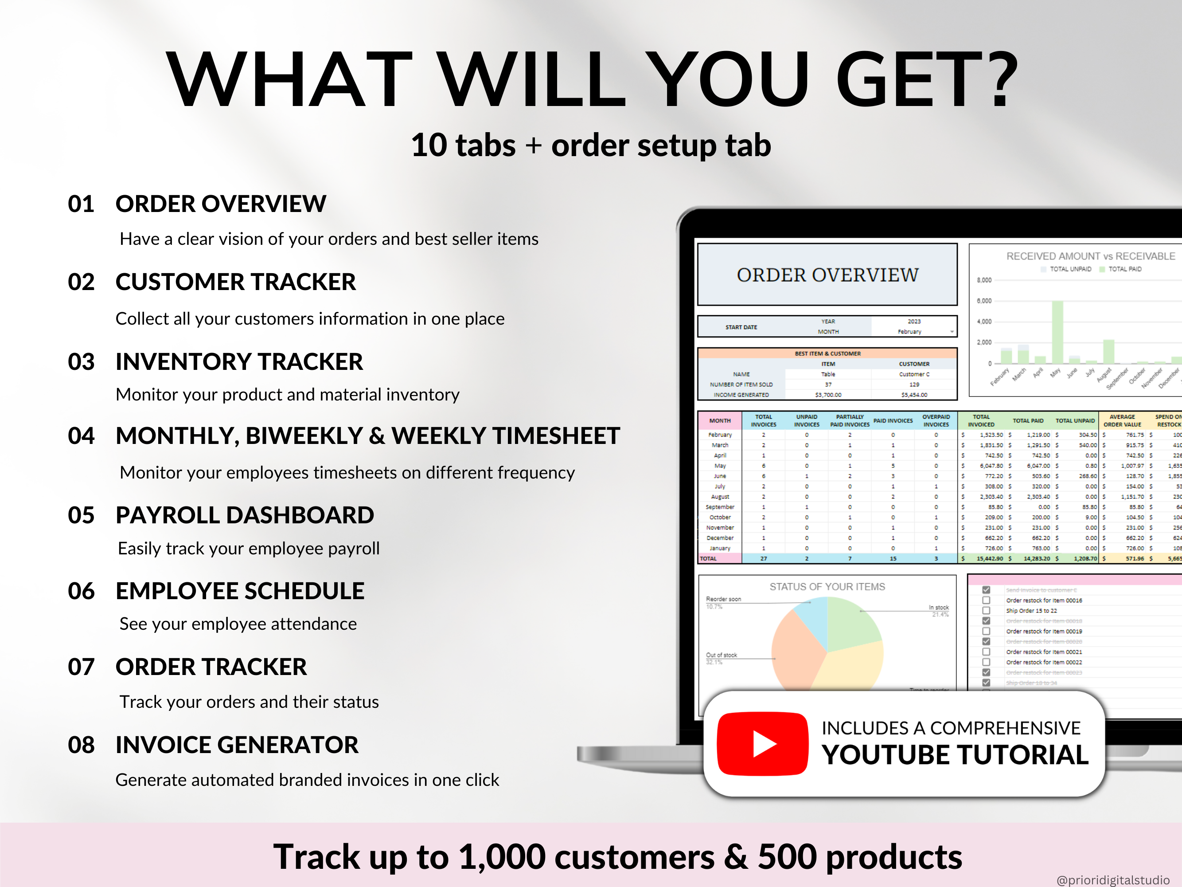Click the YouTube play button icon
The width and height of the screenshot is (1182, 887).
763,744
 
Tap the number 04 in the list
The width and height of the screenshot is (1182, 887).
81,436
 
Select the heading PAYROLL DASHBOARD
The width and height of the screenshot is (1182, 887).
244,515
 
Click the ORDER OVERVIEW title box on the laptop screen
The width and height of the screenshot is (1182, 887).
827,275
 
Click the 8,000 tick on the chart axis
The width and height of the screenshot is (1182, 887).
984,280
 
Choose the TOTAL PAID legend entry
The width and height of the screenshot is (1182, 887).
1124,269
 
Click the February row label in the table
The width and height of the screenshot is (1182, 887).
720,435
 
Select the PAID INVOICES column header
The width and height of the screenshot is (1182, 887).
893,421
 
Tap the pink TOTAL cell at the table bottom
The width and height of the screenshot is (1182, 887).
719,558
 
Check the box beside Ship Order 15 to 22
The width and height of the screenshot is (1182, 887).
987,611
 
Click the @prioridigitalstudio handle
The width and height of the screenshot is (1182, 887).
1112,879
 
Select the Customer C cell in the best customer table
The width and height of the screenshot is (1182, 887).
914,374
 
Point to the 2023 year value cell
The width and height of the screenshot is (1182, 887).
914,322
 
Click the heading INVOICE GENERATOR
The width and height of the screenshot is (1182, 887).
237,745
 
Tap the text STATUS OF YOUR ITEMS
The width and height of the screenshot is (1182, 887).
827,586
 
